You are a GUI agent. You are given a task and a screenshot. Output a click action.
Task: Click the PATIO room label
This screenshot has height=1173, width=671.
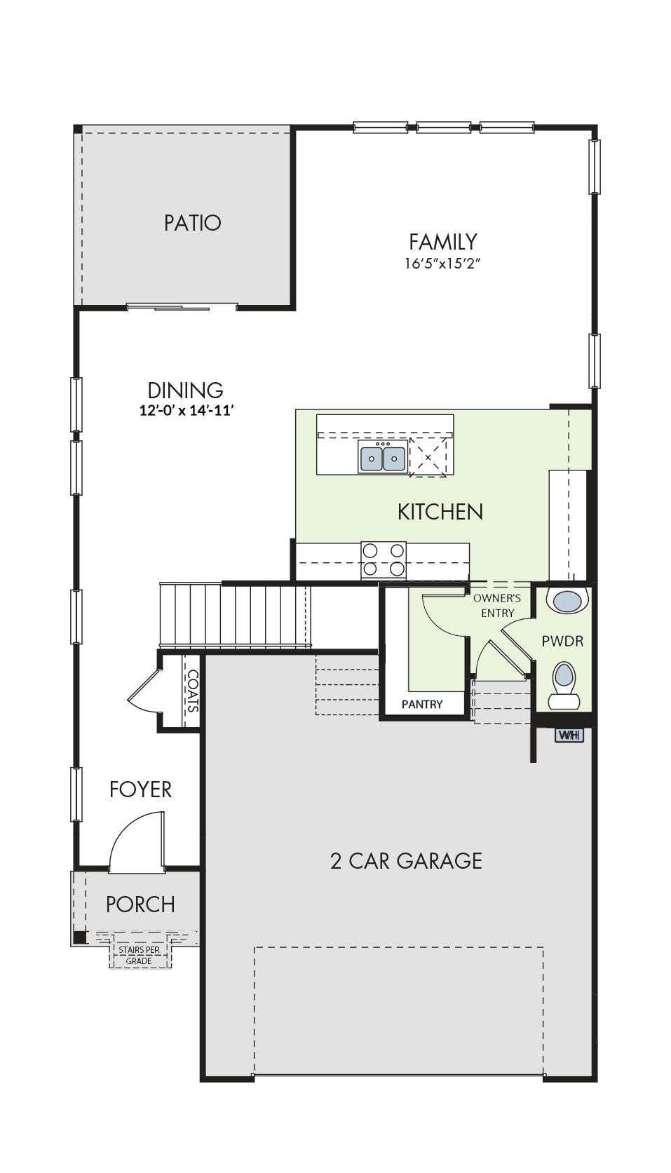pos(192,223)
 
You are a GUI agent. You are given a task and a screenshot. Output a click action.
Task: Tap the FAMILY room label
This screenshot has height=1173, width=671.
pos(442,242)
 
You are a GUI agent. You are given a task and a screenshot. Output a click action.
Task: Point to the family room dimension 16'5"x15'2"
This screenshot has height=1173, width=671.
pos(442,264)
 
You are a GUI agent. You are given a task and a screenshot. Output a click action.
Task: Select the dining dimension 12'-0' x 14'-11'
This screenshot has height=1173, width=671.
pos(186,411)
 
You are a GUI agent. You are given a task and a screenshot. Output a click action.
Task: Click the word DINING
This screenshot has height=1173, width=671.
pos(185,391)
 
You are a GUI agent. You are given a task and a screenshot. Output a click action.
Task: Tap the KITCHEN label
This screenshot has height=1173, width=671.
pos(440,512)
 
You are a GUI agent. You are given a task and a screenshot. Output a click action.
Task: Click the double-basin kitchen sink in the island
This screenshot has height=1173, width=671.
pos(383,456)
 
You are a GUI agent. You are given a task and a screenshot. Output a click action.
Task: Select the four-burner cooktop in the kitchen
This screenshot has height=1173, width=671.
pos(384,560)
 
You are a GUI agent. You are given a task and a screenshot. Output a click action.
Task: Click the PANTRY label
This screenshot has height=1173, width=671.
pos(422,705)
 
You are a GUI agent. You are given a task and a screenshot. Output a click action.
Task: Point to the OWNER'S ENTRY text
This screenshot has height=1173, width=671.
pos(497,605)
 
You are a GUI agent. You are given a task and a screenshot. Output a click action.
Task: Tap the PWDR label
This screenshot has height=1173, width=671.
pos(562,641)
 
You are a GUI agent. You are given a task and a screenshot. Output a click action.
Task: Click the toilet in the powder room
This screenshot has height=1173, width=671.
pos(564,685)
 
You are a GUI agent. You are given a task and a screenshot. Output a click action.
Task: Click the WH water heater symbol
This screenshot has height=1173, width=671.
pos(569,735)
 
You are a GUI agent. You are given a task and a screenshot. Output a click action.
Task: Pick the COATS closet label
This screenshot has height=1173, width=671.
pos(191,691)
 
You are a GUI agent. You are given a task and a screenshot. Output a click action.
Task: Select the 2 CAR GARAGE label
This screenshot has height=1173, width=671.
pos(406,861)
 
